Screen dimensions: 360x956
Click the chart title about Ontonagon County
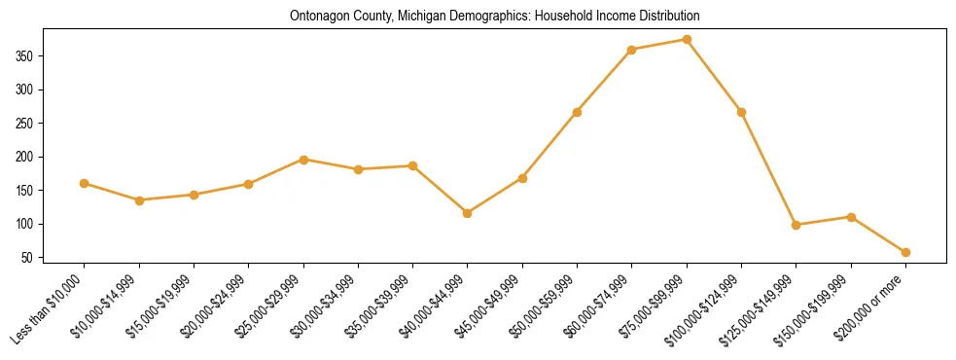coord(495,17)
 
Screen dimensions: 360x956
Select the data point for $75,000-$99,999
coord(687,40)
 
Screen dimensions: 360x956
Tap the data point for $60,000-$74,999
coord(632,50)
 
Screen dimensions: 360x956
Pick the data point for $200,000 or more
coord(905,253)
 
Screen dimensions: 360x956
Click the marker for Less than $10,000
coord(85,183)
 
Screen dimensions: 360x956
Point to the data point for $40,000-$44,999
coord(468,213)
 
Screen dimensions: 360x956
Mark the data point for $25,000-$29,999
coord(303,160)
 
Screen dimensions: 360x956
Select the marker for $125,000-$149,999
coord(797,225)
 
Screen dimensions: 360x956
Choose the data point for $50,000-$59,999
coord(578,112)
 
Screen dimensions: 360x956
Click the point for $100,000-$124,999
coord(742,112)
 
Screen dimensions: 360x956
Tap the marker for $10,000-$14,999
coord(140,200)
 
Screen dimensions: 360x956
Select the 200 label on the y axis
coord(37,157)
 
